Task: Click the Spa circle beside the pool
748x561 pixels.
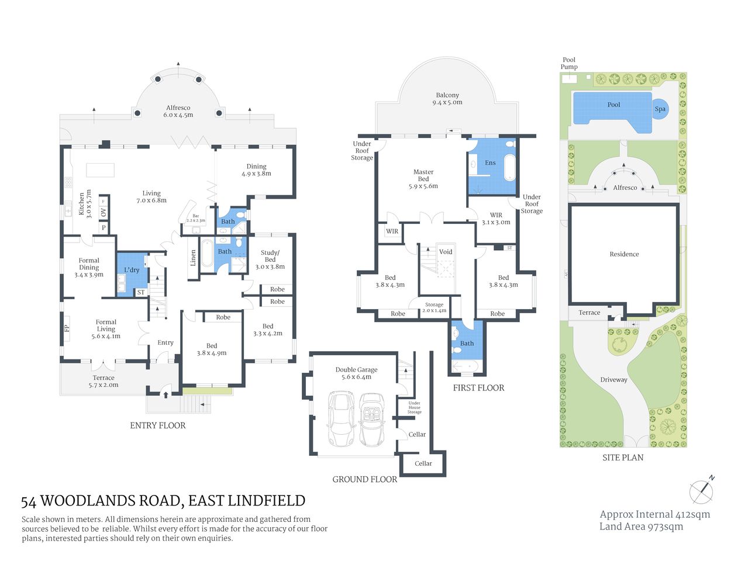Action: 660,109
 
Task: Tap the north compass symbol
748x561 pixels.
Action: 701,491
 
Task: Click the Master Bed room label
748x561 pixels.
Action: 423,179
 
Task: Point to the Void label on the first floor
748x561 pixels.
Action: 446,252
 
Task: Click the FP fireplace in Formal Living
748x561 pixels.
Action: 66,328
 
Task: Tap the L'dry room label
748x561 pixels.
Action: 132,270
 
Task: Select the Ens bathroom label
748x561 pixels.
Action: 490,163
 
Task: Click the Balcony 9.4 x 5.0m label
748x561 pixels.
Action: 447,99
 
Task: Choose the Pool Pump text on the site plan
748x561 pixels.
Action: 569,63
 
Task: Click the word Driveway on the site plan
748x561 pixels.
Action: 613,380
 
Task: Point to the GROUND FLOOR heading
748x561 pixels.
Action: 364,479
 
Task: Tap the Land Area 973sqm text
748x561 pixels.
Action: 641,527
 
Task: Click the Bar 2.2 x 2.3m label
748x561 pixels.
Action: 195,218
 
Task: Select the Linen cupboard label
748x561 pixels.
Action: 194,258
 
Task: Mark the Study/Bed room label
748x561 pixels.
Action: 270,259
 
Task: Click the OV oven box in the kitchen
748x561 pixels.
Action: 104,213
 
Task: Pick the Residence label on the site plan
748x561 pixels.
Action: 624,254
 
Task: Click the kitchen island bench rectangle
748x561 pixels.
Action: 100,169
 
